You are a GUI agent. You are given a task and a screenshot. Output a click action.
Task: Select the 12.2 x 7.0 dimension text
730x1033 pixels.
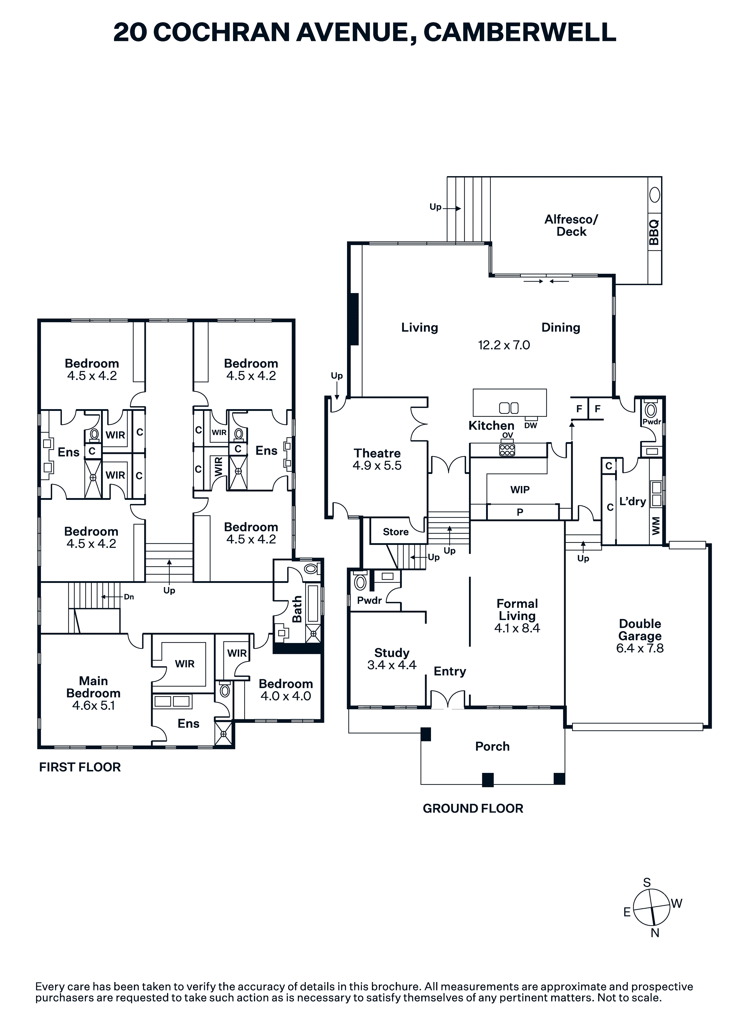click(x=504, y=345)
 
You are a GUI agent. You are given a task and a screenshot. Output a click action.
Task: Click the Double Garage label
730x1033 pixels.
click(x=640, y=630)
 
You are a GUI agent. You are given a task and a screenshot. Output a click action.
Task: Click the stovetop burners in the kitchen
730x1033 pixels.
click(x=507, y=450)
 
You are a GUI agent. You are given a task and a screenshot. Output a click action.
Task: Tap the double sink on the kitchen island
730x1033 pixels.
click(x=509, y=408)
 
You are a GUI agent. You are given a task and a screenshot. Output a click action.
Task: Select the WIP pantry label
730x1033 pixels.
click(x=520, y=490)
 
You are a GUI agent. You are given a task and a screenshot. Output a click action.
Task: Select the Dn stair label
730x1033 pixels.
click(x=129, y=597)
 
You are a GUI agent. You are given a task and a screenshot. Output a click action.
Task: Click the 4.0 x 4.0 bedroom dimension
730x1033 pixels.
click(x=286, y=696)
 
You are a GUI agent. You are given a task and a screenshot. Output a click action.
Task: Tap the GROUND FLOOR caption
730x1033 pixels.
click(x=473, y=809)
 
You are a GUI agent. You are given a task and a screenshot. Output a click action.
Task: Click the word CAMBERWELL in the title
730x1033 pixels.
click(x=520, y=32)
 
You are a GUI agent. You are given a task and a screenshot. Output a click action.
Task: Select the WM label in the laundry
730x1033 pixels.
click(x=656, y=526)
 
